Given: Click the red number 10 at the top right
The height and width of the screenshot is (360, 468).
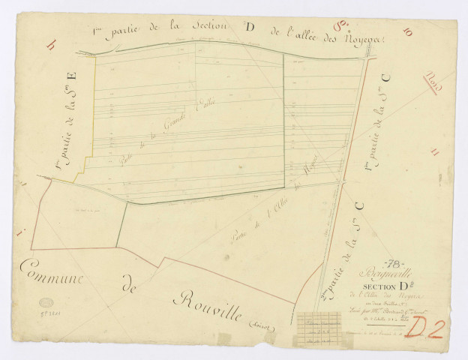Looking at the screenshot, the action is [x=408, y=31].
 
